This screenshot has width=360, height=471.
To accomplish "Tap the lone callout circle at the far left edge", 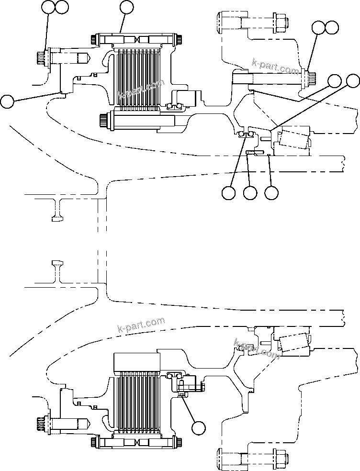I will [7, 101].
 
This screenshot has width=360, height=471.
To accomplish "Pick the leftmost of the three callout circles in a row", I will [229, 193].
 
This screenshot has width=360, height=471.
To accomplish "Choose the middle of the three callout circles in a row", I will [250, 193].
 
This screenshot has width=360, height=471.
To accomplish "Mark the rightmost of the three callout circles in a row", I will [271, 193].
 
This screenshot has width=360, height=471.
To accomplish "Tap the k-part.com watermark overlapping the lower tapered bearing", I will [257, 349].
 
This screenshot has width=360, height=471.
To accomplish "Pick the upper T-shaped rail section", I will [57, 210].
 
